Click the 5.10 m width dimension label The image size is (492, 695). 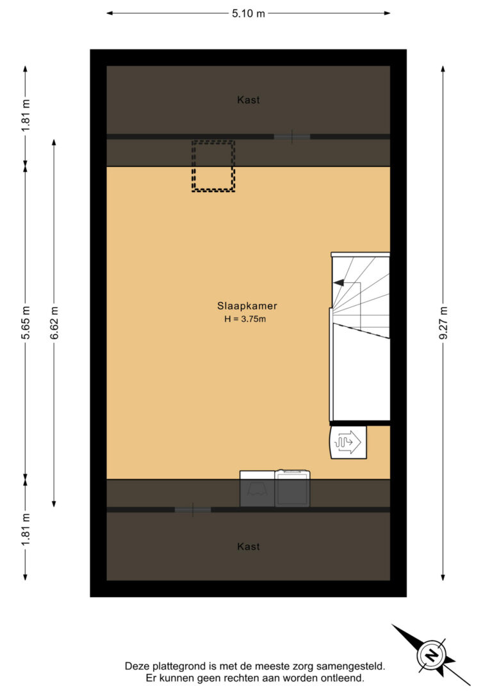(248, 13)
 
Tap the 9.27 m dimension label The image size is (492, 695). (443, 323)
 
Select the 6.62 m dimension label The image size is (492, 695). (54, 323)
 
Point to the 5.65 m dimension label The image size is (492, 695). (26, 323)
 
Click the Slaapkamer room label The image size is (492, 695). (247, 306)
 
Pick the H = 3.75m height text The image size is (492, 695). (245, 319)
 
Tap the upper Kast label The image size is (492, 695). (249, 100)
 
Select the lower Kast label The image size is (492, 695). (249, 547)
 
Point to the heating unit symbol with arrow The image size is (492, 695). (348, 442)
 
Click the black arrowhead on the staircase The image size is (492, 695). (338, 282)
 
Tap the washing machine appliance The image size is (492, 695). (292, 488)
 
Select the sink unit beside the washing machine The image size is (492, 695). (258, 488)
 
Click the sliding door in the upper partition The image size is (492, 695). (291, 136)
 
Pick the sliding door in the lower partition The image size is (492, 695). (193, 509)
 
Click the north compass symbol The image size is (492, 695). (430, 655)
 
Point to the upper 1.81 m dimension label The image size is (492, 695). (26, 115)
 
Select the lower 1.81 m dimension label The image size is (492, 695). (26, 530)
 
